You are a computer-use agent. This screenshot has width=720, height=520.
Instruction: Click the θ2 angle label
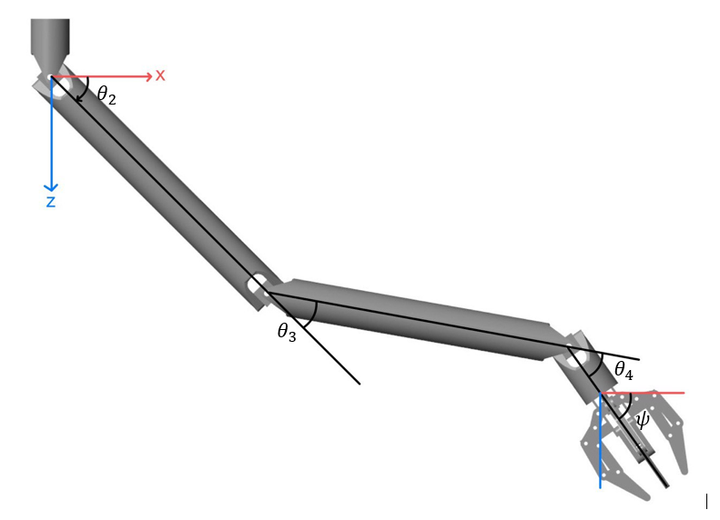point(106,95)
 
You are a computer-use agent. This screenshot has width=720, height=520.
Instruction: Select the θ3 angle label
point(287,332)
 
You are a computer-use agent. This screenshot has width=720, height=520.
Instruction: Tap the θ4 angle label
point(624,370)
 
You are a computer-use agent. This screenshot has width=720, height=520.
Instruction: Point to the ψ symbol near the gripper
point(643,419)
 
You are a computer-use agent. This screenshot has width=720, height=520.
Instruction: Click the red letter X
point(160,75)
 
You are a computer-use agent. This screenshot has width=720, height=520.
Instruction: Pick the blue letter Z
point(51,202)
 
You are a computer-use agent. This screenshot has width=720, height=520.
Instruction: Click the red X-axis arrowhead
point(148,76)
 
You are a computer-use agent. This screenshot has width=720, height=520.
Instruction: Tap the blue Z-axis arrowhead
point(51,187)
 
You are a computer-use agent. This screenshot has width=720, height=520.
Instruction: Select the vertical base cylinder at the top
point(50,36)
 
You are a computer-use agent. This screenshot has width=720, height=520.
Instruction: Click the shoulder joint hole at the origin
point(59,85)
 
